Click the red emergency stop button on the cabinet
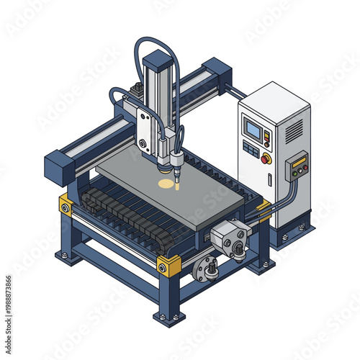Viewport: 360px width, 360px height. [x=266, y=158]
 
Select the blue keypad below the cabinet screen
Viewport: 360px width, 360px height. [x=250, y=149]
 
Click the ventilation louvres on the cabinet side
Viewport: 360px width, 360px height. [x=294, y=130]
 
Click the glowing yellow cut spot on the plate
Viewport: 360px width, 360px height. [x=166, y=184]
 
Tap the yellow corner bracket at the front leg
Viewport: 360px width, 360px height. [x=168, y=265]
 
